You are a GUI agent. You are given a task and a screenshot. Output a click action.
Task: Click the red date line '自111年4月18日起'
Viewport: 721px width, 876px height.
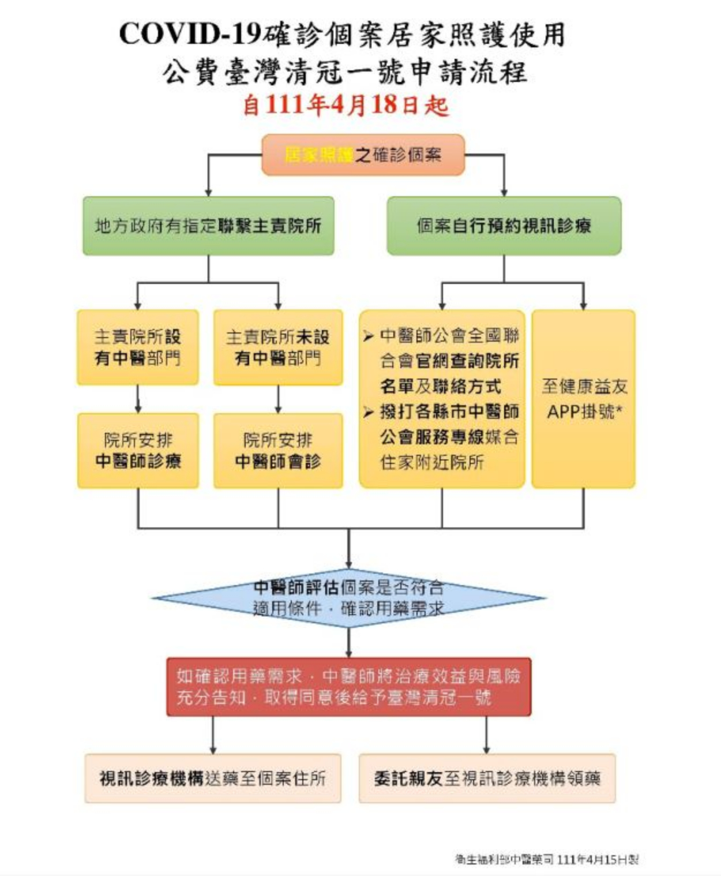coord(345,105)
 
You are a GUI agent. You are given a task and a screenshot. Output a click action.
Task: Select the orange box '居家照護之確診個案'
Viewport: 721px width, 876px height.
coord(363,155)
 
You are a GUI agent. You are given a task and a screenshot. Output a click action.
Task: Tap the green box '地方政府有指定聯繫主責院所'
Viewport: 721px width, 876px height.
coord(208,226)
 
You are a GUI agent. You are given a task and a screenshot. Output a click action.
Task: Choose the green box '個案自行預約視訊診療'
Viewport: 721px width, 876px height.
coord(504,226)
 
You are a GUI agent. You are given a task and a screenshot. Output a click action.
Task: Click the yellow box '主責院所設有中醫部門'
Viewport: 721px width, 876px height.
coord(138,347)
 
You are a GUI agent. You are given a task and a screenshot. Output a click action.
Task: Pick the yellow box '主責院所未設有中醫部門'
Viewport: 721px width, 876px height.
coord(278,347)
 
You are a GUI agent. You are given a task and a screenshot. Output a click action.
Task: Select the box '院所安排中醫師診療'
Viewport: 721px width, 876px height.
coord(138,450)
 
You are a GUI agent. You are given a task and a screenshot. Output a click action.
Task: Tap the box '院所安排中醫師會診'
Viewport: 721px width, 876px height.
coord(278,450)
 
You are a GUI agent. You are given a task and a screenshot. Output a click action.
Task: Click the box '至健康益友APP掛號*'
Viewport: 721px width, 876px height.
coord(583,398)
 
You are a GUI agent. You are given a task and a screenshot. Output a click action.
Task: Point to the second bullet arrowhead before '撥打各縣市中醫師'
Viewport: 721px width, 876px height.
coord(369,412)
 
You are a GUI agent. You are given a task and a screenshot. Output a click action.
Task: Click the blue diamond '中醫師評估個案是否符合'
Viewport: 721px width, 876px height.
coord(348,597)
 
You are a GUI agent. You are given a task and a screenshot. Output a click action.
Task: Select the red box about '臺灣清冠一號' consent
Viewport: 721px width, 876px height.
coord(348,687)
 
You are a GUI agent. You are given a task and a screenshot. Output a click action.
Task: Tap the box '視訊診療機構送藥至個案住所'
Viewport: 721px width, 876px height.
coord(213,778)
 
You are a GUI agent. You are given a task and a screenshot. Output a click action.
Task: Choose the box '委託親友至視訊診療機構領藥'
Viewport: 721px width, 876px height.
coord(487,778)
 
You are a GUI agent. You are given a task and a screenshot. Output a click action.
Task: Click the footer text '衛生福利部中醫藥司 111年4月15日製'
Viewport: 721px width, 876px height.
coord(546,859)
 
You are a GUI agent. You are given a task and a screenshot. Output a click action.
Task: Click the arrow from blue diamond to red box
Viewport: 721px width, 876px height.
coord(348,642)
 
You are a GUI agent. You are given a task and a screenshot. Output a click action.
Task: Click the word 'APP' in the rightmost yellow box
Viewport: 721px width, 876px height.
coord(562,411)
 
